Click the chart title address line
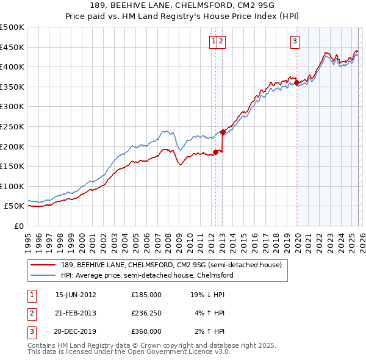click(182, 6)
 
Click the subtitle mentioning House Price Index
click(182, 16)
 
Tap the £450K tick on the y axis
click(12, 47)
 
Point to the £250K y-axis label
click(12, 126)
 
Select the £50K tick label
click(15, 206)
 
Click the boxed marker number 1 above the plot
click(214, 41)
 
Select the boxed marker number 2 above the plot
click(221, 41)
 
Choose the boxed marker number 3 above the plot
click(295, 41)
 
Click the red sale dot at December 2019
click(296, 83)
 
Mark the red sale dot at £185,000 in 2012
click(215, 153)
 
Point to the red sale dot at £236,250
click(223, 132)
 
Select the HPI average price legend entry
click(146, 275)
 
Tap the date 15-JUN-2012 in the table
click(76, 294)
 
